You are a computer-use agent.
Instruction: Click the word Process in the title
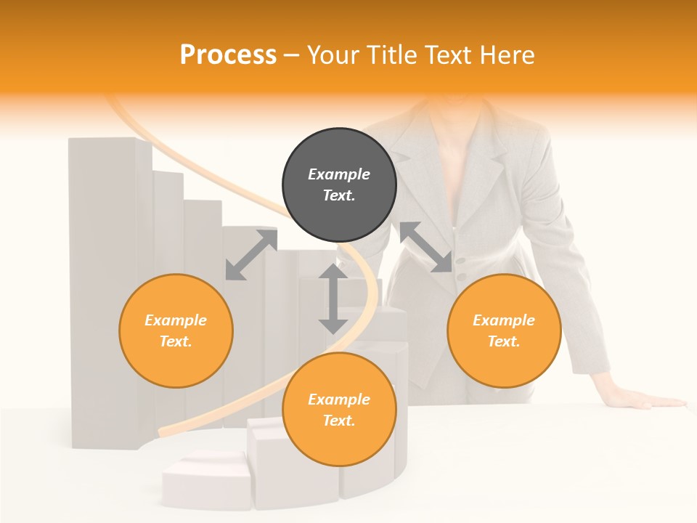tap(228, 54)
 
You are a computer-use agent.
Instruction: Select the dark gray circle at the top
tap(339, 185)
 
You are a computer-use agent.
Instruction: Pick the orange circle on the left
tap(176, 331)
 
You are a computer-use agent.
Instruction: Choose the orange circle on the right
tap(504, 331)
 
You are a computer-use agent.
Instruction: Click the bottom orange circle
tap(339, 410)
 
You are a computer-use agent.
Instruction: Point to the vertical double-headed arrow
tap(333, 299)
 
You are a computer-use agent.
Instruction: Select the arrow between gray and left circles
tap(251, 254)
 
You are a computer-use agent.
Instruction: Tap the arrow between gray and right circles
tap(426, 248)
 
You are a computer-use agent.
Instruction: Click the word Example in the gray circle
tap(339, 174)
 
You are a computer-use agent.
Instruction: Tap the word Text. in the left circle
tap(176, 341)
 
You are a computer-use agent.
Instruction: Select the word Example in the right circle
tap(504, 320)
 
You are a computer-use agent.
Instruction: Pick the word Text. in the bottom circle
tap(339, 421)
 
